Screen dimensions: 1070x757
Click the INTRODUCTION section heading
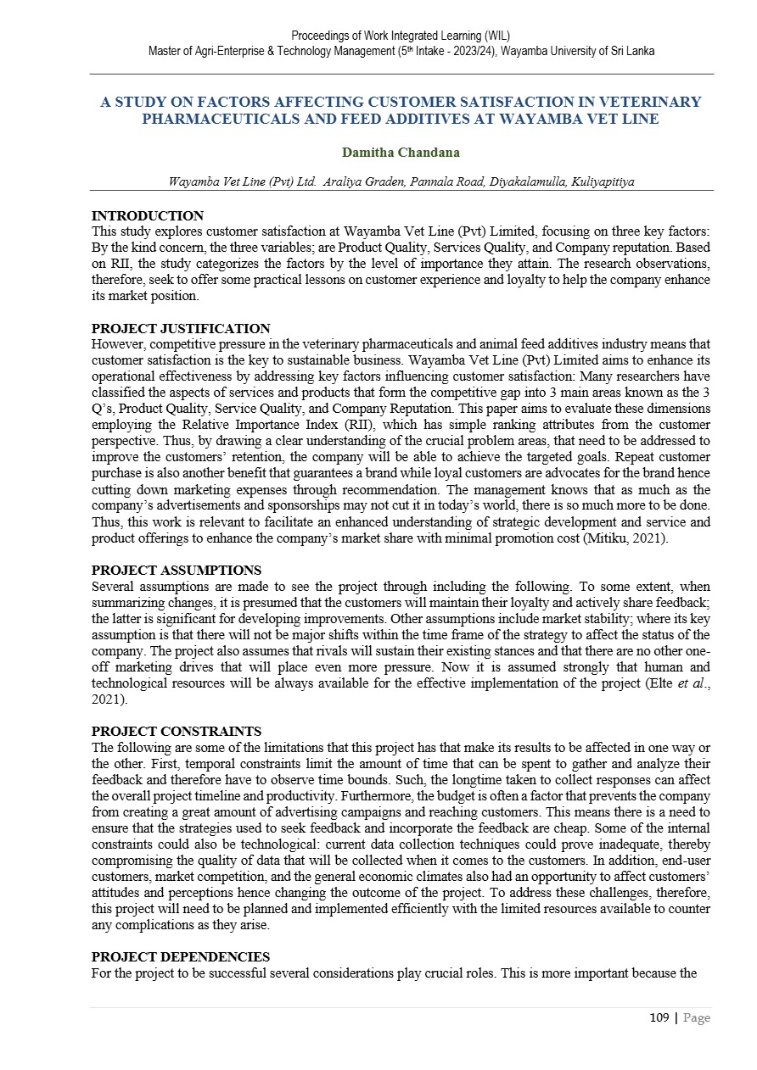[148, 216]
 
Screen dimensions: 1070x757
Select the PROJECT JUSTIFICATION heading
[181, 329]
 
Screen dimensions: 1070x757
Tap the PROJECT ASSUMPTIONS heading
[177, 571]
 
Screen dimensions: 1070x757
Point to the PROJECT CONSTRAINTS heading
[177, 732]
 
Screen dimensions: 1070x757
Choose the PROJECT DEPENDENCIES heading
[181, 957]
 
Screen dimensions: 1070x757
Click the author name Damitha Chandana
[401, 153]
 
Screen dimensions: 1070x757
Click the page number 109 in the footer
[661, 1018]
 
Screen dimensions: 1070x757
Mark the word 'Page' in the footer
[696, 1018]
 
